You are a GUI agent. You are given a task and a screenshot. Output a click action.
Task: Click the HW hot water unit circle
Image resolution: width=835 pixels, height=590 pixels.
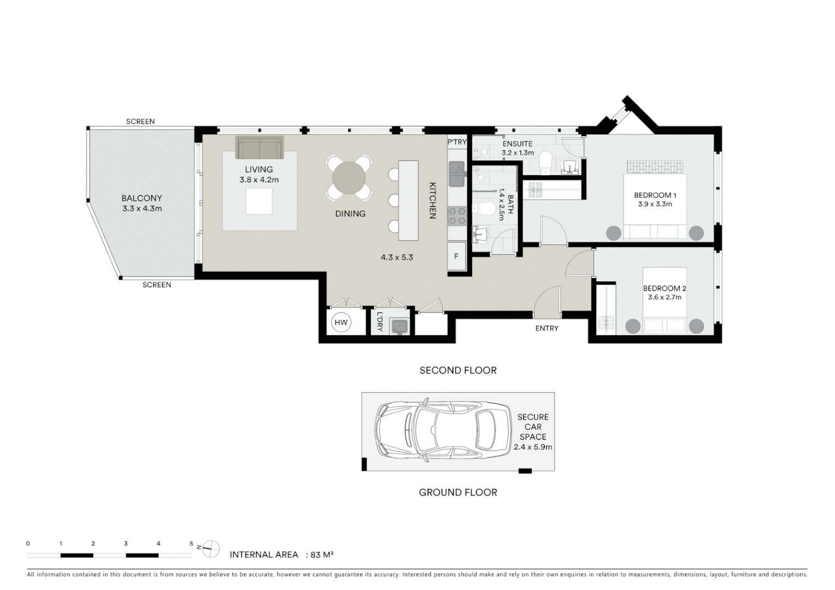pos(341,322)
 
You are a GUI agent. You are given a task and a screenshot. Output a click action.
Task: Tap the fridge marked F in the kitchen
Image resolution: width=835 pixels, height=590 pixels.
pos(456,256)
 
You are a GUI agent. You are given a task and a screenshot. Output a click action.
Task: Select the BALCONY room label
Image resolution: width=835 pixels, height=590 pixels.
pos(142,198)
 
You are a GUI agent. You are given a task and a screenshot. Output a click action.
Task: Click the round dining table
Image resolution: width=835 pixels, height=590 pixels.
pos(349,178)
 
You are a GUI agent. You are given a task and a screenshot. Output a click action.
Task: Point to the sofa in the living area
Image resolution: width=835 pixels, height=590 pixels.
pos(260,147)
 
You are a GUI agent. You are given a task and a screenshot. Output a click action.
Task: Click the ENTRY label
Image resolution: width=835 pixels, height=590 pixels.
pos(547,328)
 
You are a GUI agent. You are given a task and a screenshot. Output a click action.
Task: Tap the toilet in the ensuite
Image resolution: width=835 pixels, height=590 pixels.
pos(545,162)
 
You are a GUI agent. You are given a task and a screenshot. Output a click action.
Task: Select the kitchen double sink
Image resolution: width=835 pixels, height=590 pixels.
pos(457,174)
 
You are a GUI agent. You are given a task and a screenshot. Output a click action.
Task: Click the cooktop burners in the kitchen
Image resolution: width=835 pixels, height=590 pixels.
pos(457,216)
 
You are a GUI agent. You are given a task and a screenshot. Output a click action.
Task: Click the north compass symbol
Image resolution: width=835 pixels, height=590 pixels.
pos(211,548)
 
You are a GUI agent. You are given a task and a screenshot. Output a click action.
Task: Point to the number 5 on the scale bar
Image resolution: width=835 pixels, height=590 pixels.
pos(191,544)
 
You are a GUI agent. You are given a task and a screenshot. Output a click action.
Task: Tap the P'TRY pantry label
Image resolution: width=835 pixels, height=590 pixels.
pos(457,142)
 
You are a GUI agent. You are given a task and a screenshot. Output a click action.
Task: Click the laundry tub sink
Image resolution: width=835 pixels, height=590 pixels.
pos(399,327)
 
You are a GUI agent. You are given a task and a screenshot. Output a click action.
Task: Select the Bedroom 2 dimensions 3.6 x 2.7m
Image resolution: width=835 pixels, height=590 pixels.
pos(665,297)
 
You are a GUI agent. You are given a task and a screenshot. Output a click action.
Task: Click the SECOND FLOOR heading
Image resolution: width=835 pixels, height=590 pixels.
pos(458,370)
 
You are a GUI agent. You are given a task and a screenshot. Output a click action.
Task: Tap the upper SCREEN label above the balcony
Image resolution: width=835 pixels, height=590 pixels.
pos(140,121)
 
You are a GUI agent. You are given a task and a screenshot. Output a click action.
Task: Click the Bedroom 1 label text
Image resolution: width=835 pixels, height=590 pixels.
pos(655,195)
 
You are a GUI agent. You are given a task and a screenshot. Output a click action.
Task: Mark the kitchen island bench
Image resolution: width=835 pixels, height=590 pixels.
pos(408,200)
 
